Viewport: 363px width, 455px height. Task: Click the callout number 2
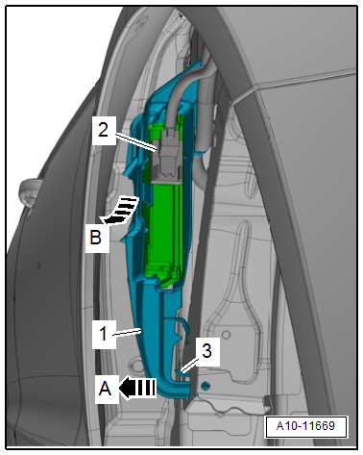(x=103, y=131)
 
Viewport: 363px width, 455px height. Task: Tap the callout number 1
(x=103, y=334)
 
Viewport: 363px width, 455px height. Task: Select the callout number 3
(x=207, y=351)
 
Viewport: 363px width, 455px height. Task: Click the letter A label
(x=105, y=389)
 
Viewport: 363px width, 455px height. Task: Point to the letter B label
(x=96, y=238)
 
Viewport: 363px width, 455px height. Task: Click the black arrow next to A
(x=137, y=388)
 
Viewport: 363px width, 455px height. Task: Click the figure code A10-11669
(x=305, y=426)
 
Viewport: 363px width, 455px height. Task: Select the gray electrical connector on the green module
(x=166, y=159)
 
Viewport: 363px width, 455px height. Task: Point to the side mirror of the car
(x=30, y=192)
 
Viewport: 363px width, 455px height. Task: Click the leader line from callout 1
(x=127, y=332)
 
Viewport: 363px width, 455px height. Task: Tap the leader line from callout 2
(x=136, y=142)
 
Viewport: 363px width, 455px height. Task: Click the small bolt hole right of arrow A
(x=206, y=386)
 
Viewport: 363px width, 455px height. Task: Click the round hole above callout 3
(x=226, y=335)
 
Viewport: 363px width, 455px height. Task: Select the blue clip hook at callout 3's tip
(x=180, y=372)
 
